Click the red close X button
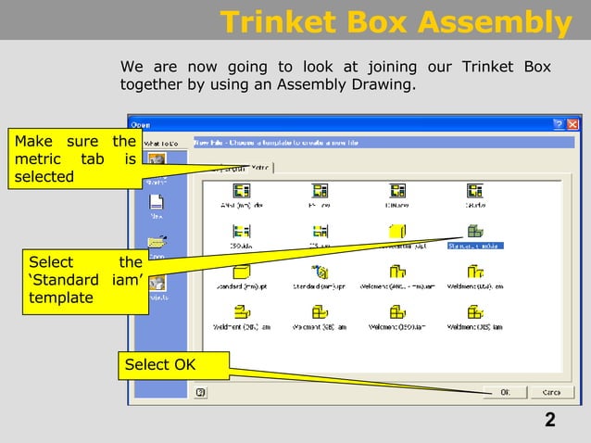coord(572,123)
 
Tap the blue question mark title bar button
coord(559,123)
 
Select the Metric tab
coord(259,168)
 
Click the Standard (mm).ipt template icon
coord(243,272)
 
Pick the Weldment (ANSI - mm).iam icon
coord(397,272)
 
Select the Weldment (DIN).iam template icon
coord(243,312)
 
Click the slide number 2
coord(550,422)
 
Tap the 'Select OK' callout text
coord(160,364)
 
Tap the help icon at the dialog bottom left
coord(201,392)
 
